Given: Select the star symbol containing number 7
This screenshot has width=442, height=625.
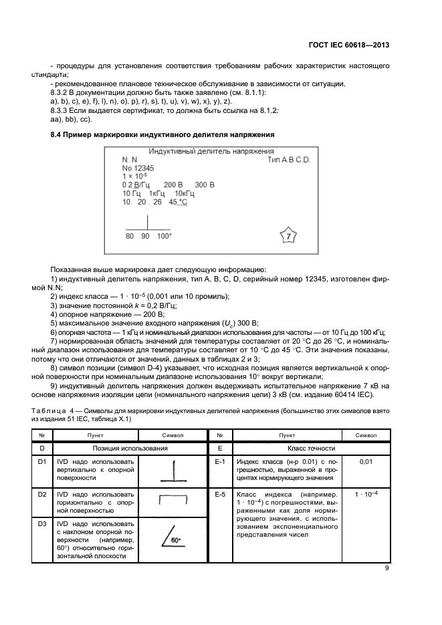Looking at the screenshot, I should (x=287, y=237).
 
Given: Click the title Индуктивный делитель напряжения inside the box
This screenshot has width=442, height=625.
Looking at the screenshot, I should (x=211, y=152).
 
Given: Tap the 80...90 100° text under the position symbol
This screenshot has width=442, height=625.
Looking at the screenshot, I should (x=148, y=237).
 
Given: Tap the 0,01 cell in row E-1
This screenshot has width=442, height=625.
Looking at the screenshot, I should (x=365, y=461).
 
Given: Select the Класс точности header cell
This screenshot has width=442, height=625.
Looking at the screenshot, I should (x=310, y=448).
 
